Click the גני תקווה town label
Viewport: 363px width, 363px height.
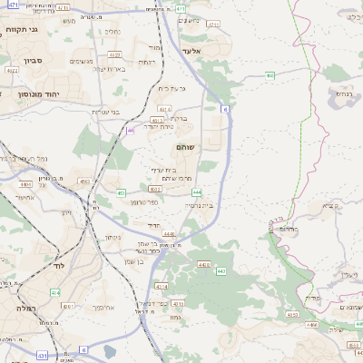coord(21,30)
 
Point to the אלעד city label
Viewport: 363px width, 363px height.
coord(195,51)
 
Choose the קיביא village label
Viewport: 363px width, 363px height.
coord(330,207)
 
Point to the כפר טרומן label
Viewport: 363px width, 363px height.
coord(145,201)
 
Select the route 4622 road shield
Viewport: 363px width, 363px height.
coord(13,70)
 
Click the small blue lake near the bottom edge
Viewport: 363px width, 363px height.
coord(111,351)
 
